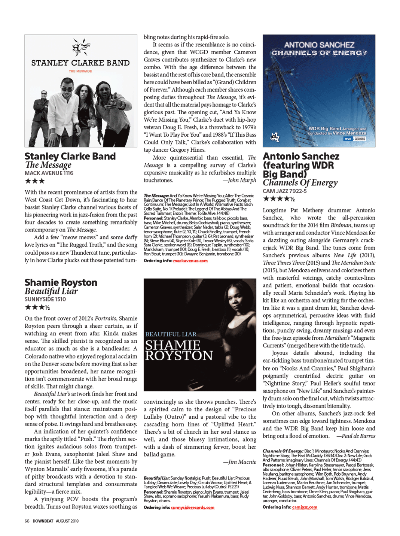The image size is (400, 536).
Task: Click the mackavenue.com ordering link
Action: click(x=190, y=261)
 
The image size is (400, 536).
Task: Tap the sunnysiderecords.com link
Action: click(x=192, y=508)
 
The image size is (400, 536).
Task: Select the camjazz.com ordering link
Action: click(x=305, y=507)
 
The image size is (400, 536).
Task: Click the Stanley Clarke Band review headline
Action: click(x=70, y=156)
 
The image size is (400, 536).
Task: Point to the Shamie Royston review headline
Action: click(x=61, y=282)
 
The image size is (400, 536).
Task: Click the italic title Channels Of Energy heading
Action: click(x=300, y=183)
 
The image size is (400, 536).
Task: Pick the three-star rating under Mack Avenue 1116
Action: click(x=35, y=181)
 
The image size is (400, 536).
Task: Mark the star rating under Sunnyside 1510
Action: click(x=37, y=308)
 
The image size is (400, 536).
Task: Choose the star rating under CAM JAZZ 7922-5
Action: click(x=279, y=199)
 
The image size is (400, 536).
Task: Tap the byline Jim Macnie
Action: click(x=239, y=462)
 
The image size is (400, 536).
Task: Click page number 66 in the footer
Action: click(x=27, y=521)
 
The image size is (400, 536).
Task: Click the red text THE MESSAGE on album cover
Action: click(x=80, y=71)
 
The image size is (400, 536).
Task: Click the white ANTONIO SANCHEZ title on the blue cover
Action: click(x=319, y=45)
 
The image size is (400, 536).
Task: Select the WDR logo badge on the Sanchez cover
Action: click(x=348, y=139)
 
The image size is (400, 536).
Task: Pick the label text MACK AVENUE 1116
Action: click(x=49, y=173)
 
